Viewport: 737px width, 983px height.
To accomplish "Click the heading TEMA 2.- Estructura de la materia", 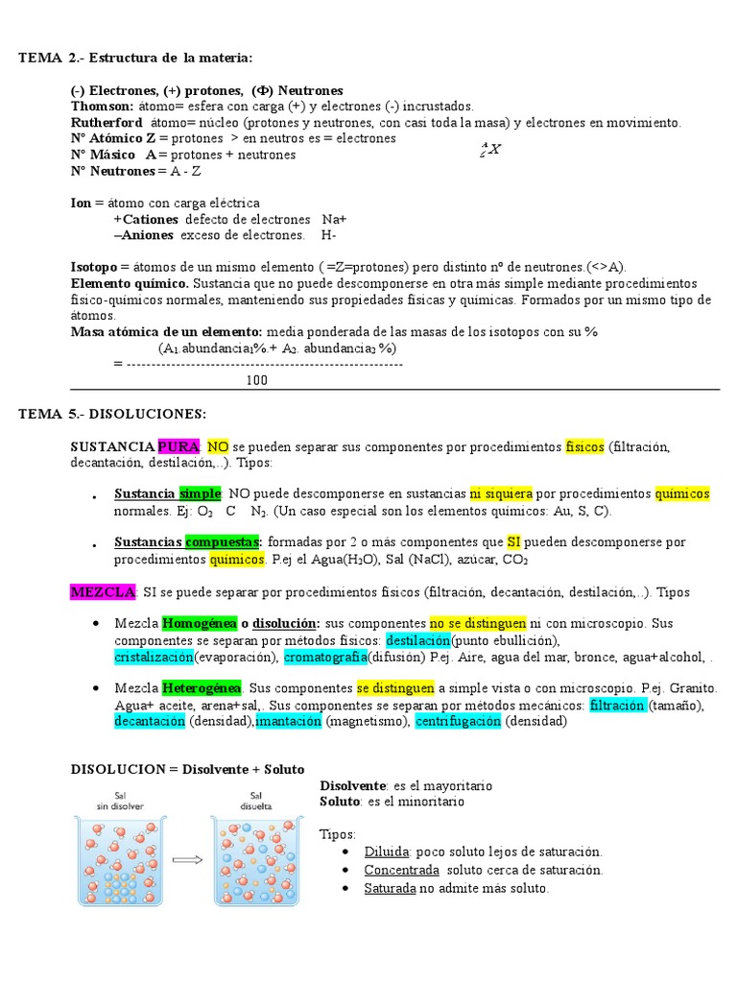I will click(135, 59).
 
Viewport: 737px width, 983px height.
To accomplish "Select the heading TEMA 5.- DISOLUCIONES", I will click(112, 414).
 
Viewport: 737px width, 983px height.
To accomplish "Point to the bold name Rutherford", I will click(107, 123).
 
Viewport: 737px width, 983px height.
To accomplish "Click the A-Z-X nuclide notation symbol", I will click(490, 149).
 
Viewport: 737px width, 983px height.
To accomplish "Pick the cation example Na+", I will click(335, 219).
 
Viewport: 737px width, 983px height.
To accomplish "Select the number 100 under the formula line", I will click(256, 380).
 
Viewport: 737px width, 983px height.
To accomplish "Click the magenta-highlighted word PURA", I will click(178, 446).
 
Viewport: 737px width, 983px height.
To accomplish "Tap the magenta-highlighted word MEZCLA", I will click(104, 592).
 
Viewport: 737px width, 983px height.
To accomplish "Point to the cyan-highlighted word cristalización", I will click(154, 657).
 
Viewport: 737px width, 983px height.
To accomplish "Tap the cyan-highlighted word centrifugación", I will click(458, 721).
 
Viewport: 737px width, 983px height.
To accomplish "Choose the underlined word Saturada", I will click(390, 888).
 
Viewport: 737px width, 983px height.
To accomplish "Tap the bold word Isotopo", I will click(94, 267).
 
